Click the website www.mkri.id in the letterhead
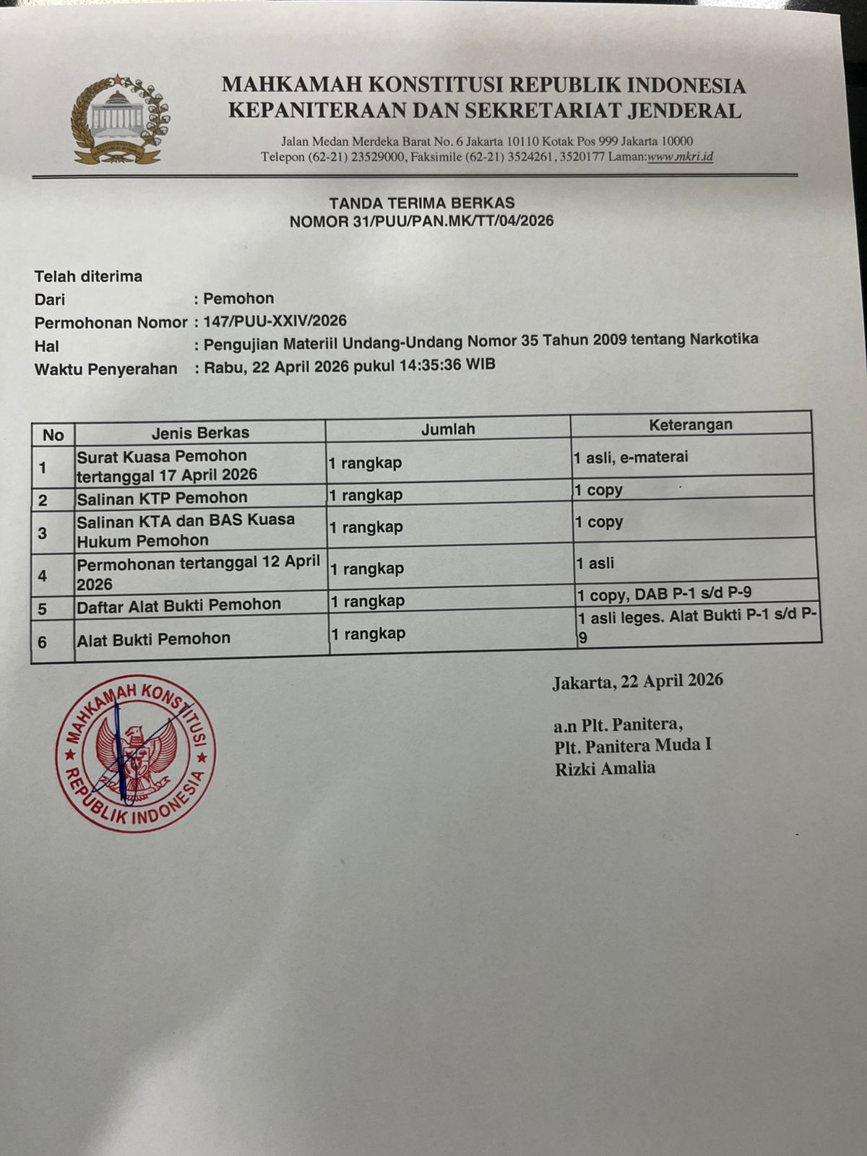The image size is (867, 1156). [x=680, y=157]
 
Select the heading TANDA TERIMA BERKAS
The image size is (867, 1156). [x=422, y=204]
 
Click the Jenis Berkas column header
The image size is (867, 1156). [x=200, y=433]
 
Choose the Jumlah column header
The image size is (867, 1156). [x=448, y=429]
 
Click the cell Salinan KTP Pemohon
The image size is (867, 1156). [x=162, y=498]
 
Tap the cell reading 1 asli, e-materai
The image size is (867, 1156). [x=631, y=457]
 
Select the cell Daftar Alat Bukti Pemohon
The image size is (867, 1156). [x=178, y=605]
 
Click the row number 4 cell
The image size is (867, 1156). [x=43, y=576]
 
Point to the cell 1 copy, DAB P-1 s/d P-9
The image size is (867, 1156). [x=664, y=594]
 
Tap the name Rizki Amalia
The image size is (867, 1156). [x=605, y=769]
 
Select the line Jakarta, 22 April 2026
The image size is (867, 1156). [x=637, y=681]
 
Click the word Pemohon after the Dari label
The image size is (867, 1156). [x=238, y=298]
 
